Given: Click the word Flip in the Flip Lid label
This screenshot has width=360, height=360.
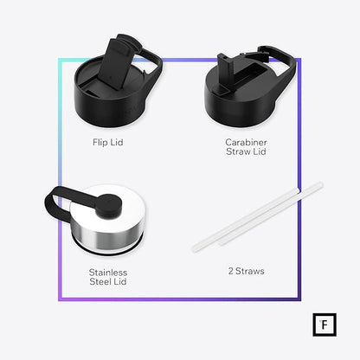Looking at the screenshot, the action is click(100, 142).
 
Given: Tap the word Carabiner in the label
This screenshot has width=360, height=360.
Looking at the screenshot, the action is click(246, 142).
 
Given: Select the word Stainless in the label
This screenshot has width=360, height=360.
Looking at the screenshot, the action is click(108, 273).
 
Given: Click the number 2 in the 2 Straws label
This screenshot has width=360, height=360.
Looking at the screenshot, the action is click(230, 271).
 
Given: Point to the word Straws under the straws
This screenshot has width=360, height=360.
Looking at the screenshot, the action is click(250, 271).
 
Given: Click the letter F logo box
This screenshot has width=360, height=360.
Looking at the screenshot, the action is click(325, 325).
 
